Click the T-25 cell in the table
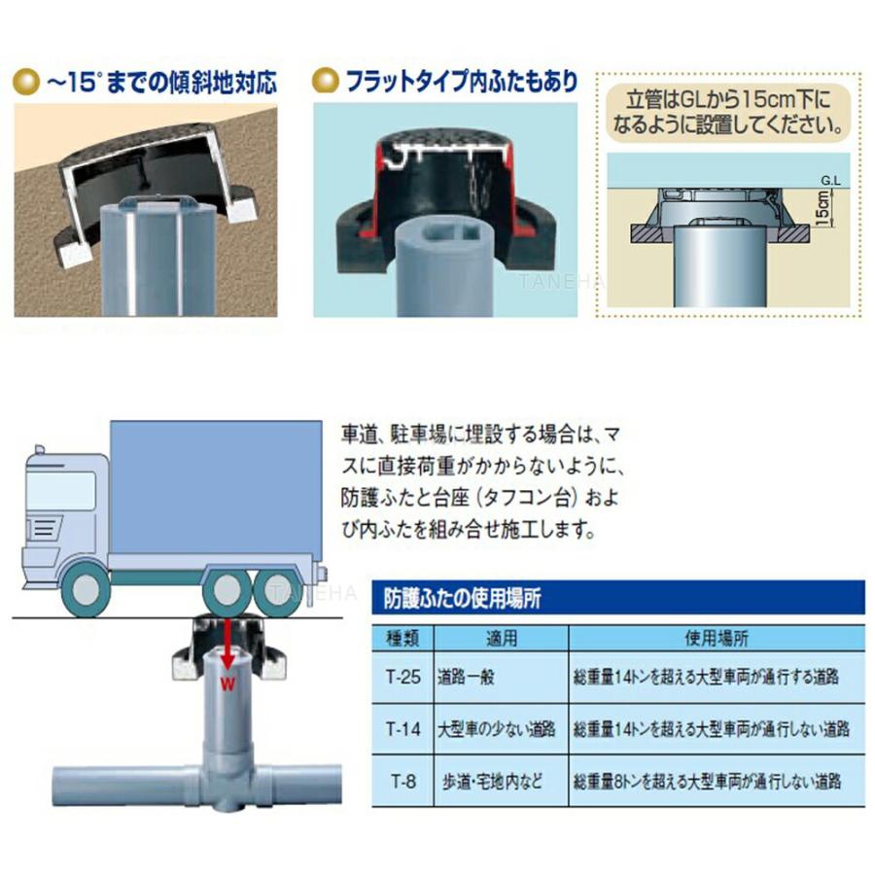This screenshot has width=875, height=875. pyautogui.click(x=402, y=677)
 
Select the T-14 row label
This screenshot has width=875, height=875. pyautogui.click(x=402, y=727)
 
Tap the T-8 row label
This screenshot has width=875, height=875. pyautogui.click(x=402, y=779)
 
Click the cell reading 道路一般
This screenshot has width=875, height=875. pyautogui.click(x=467, y=677)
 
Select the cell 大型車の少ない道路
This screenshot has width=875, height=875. pyautogui.click(x=497, y=727)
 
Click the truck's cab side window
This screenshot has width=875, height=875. pyautogui.click(x=61, y=492)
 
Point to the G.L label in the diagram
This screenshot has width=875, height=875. pyautogui.click(x=828, y=180)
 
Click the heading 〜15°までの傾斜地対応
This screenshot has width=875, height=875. pyautogui.click(x=161, y=82)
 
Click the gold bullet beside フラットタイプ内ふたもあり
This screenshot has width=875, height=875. pyautogui.click(x=328, y=81)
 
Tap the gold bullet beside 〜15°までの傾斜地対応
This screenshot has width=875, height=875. pyautogui.click(x=27, y=81)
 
